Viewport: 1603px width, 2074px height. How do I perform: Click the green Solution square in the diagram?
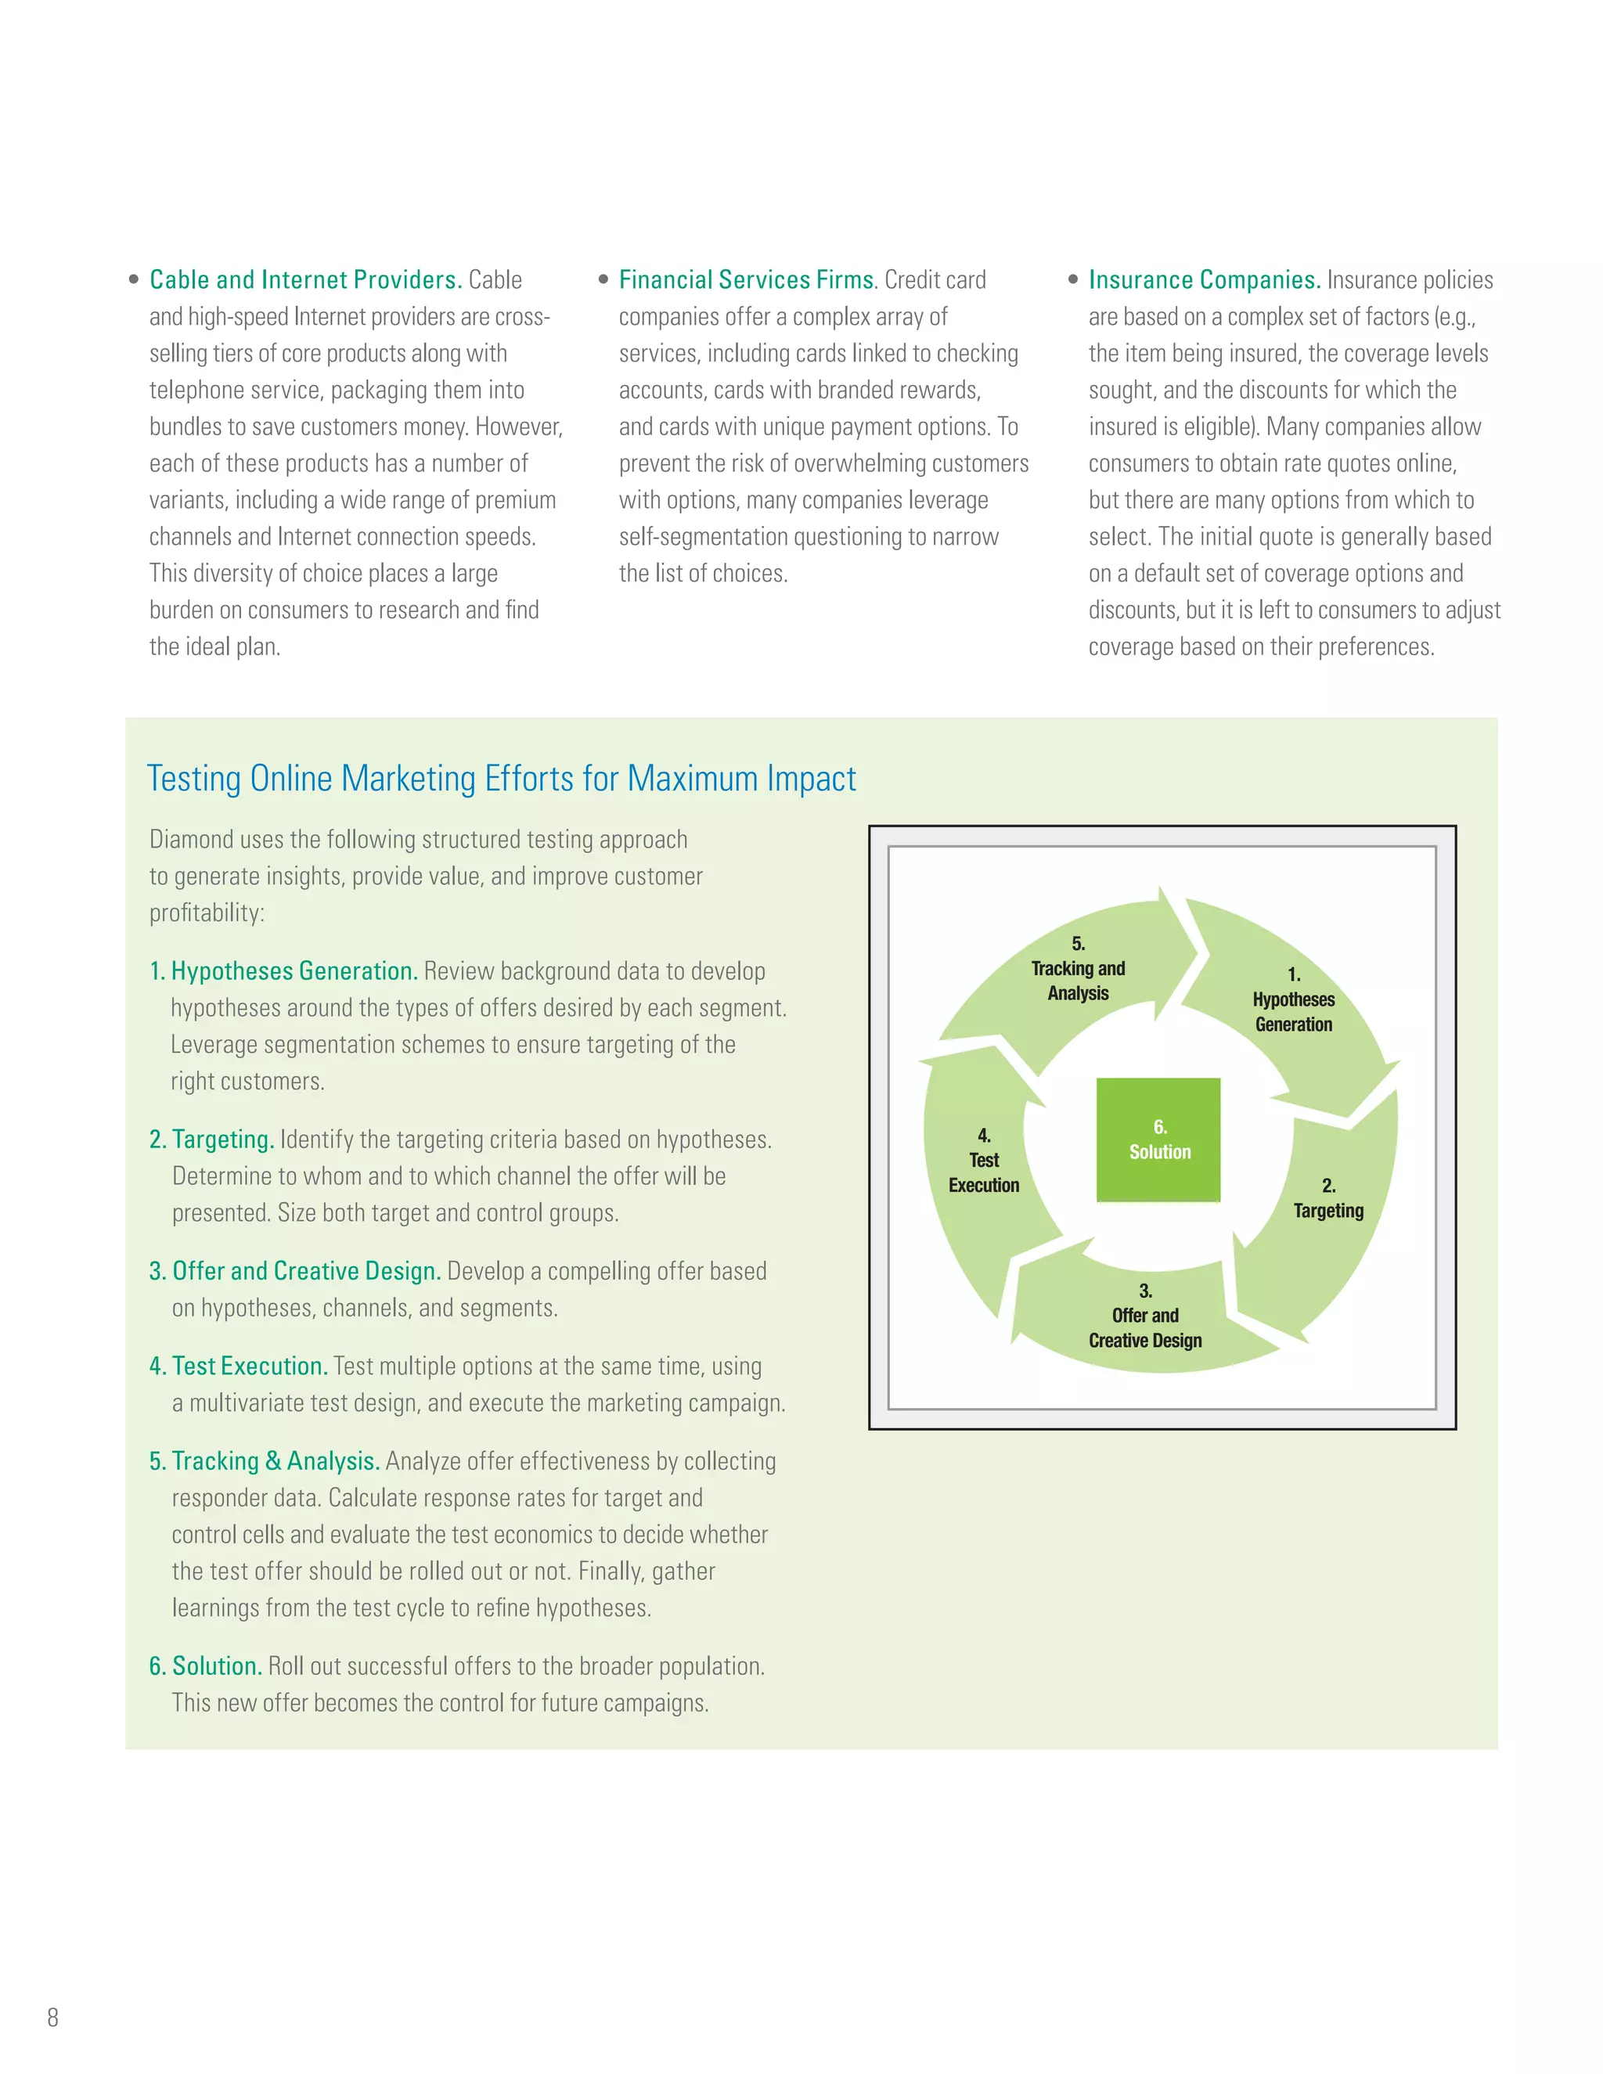[x=1158, y=1140]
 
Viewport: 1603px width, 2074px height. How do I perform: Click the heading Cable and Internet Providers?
[x=304, y=280]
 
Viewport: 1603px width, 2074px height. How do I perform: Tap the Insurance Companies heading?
[x=1204, y=280]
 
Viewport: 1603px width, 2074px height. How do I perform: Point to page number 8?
[x=53, y=2017]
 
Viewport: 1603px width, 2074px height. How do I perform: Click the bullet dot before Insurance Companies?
[x=1073, y=279]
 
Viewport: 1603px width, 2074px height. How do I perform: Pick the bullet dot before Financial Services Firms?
[x=603, y=279]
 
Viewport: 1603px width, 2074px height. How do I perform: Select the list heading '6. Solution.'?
[x=205, y=1666]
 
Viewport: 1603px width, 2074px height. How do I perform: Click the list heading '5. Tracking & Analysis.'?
[x=264, y=1461]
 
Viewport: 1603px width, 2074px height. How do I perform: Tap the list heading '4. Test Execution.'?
[x=239, y=1366]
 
